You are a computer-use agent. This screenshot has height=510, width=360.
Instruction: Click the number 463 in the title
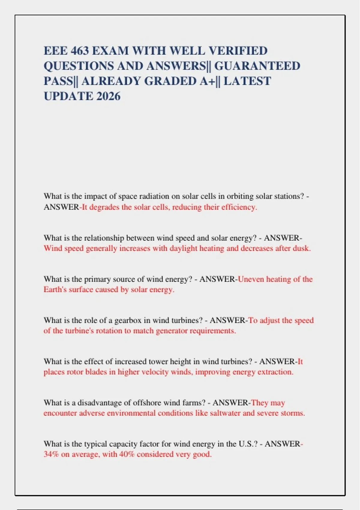click(x=80, y=51)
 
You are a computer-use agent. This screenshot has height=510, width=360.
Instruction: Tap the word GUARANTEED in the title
click(x=257, y=66)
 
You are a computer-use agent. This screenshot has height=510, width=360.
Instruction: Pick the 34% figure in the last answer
click(x=51, y=454)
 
